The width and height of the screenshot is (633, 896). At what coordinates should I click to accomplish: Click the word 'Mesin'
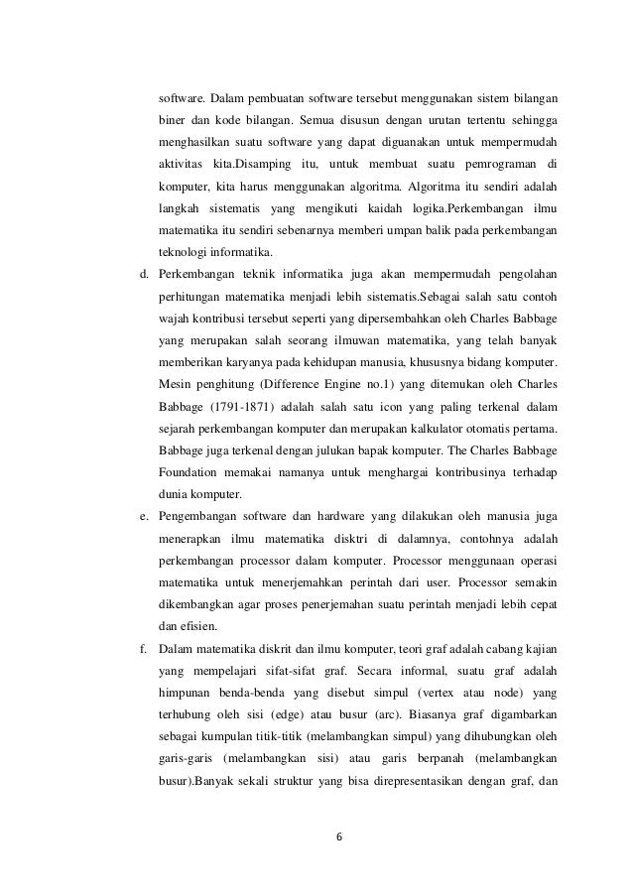[176, 383]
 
